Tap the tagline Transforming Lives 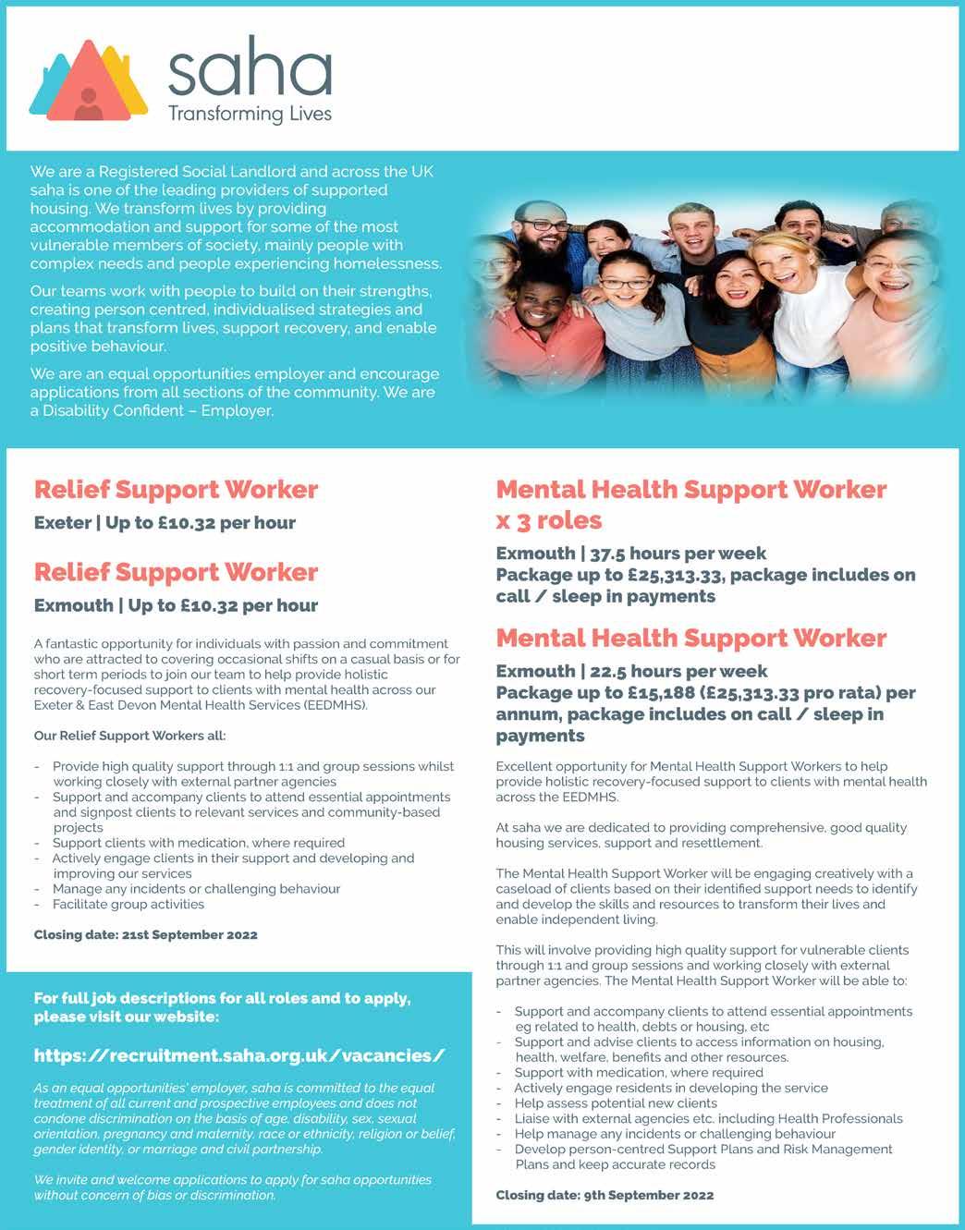[250, 114]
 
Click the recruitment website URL [239, 1055]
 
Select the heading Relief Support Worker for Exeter [176, 489]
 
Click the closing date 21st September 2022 [145, 934]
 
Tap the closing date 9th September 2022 [605, 1195]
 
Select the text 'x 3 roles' [548, 520]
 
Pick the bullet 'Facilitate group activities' [128, 904]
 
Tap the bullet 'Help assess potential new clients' [616, 1102]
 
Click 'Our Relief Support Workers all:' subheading [129, 736]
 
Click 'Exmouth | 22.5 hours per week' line [631, 671]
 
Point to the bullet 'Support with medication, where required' [638, 1072]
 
